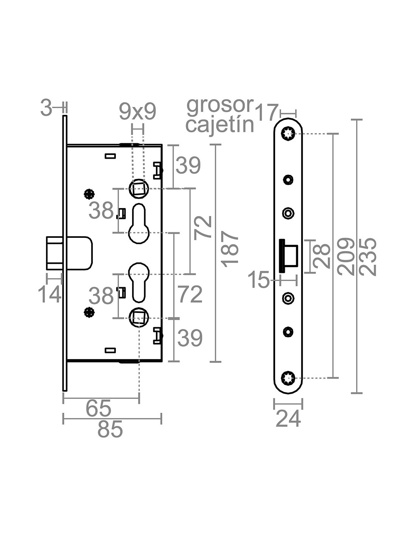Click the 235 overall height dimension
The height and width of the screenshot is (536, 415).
pyautogui.click(x=368, y=256)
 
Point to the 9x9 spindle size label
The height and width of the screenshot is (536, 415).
pyautogui.click(x=138, y=112)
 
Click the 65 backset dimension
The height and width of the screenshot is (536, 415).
pyautogui.click(x=98, y=408)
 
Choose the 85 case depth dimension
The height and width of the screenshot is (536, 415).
pyautogui.click(x=110, y=429)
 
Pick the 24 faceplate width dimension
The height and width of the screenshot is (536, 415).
pyautogui.click(x=288, y=418)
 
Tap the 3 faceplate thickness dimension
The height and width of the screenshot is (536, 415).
pyautogui.click(x=46, y=109)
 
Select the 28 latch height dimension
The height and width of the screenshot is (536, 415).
pyautogui.click(x=321, y=256)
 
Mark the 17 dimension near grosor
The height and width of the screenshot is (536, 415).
pyautogui.click(x=267, y=112)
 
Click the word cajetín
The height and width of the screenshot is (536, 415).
pyautogui.click(x=220, y=125)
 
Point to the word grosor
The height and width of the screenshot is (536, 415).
pyautogui.click(x=220, y=106)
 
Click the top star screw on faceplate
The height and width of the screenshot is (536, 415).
pyautogui.click(x=288, y=133)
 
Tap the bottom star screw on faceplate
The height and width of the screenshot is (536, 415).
pyautogui.click(x=288, y=377)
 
